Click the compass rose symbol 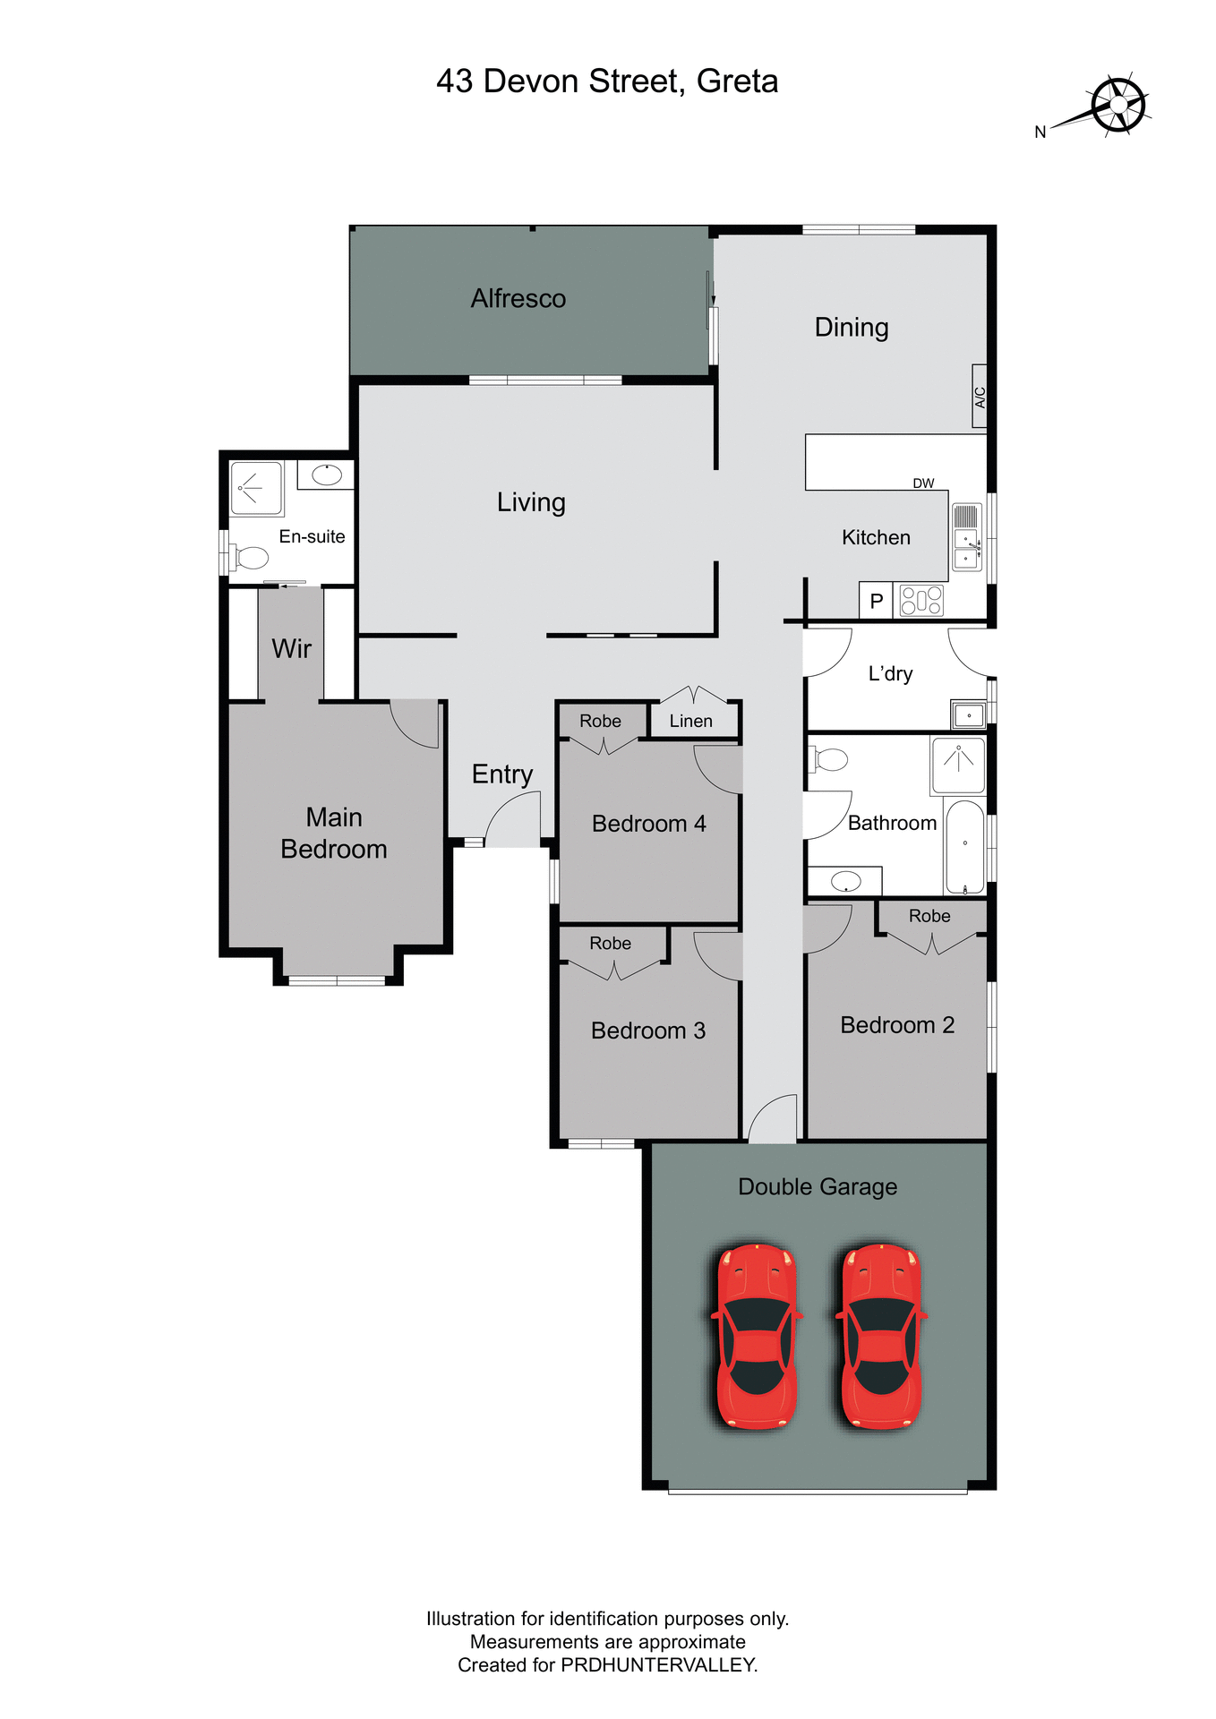(1118, 106)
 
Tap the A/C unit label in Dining (980, 397)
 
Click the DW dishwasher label (923, 483)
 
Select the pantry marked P (877, 602)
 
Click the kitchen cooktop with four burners (921, 600)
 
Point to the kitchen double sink (966, 537)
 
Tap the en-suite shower (256, 488)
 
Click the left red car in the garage (757, 1335)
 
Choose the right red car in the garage (881, 1335)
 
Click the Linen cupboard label (691, 721)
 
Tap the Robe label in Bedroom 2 (929, 916)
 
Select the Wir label (291, 648)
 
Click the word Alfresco (518, 298)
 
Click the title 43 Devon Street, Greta (607, 81)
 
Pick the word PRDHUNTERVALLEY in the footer (658, 1665)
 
